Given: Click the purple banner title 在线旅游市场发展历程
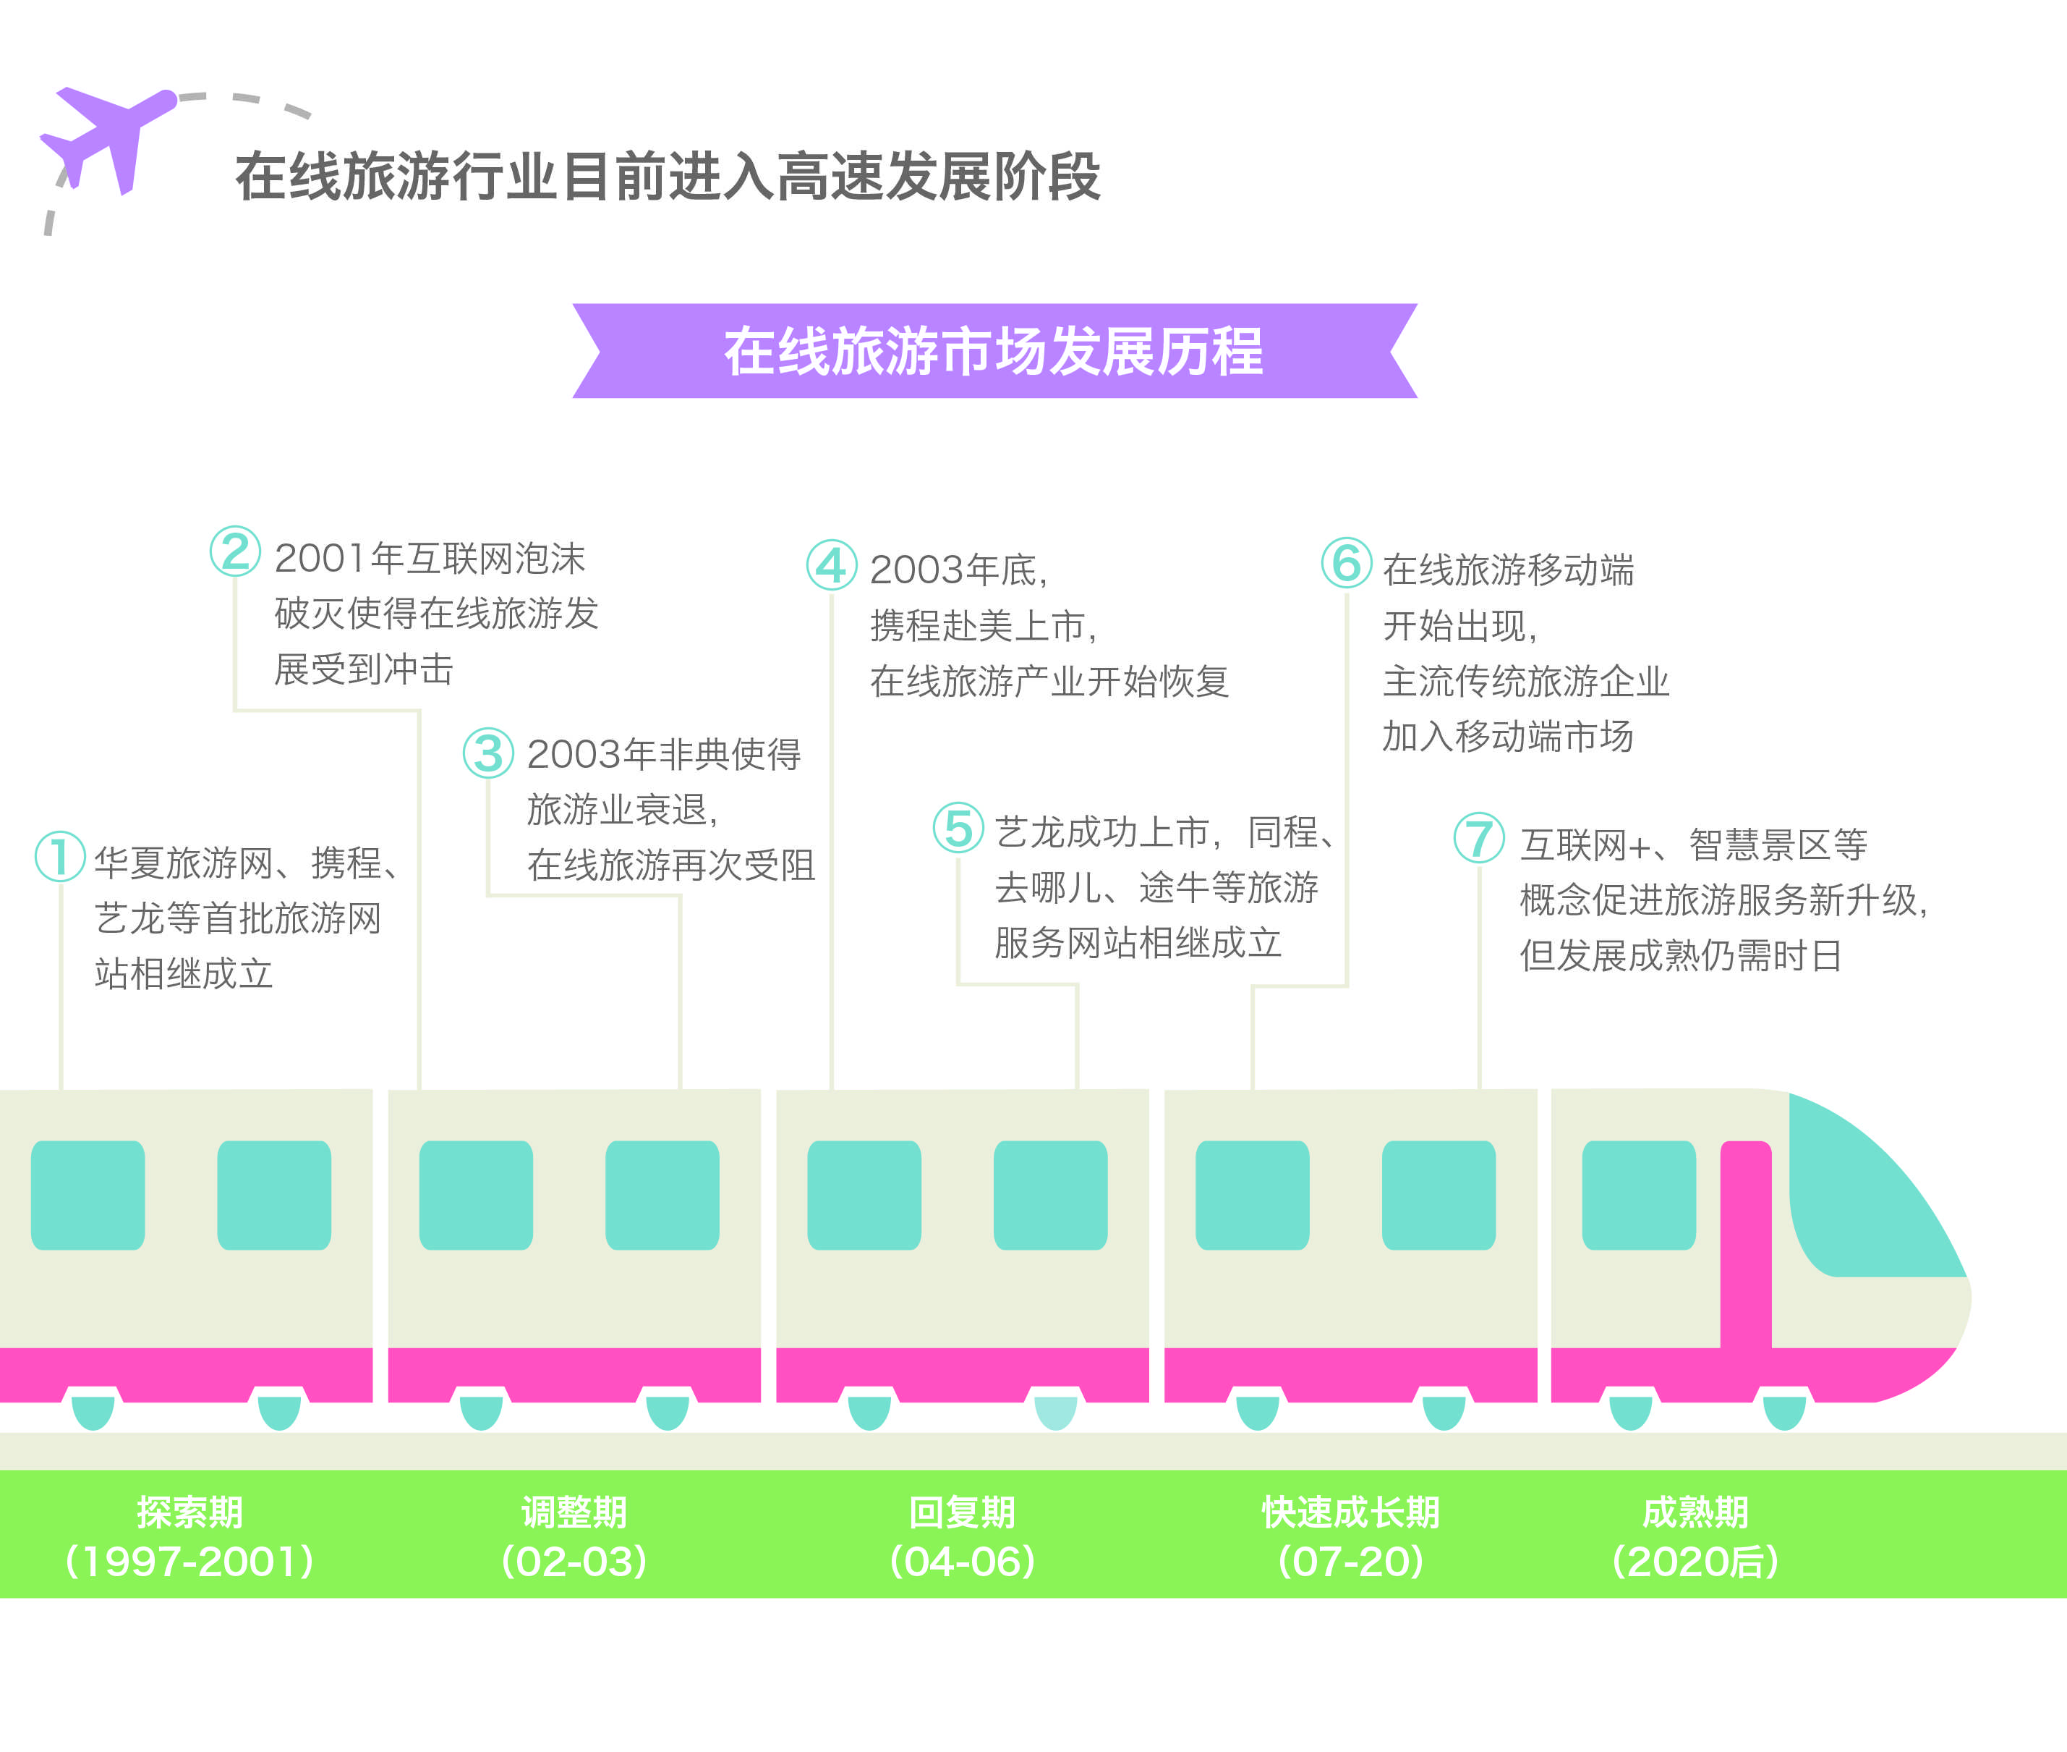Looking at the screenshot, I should coord(993,352).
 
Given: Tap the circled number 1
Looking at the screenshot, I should coord(59,856).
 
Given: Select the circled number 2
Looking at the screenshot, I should coord(235,551).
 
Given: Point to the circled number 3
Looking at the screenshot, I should coord(488,752).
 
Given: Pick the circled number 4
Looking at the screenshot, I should coord(831,564).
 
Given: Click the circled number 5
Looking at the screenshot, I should coord(958,827).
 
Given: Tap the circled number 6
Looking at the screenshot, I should coord(1346,562).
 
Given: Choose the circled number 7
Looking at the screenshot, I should coord(1478,837).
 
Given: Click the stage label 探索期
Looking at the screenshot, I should coord(189,1512).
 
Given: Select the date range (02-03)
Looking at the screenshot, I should coord(574,1561).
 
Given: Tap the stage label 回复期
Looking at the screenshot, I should coord(962,1512).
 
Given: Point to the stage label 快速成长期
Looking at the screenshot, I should coord(1350,1512).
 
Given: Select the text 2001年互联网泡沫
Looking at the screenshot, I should coord(430,558).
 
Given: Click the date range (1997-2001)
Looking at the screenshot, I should coord(189,1561).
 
